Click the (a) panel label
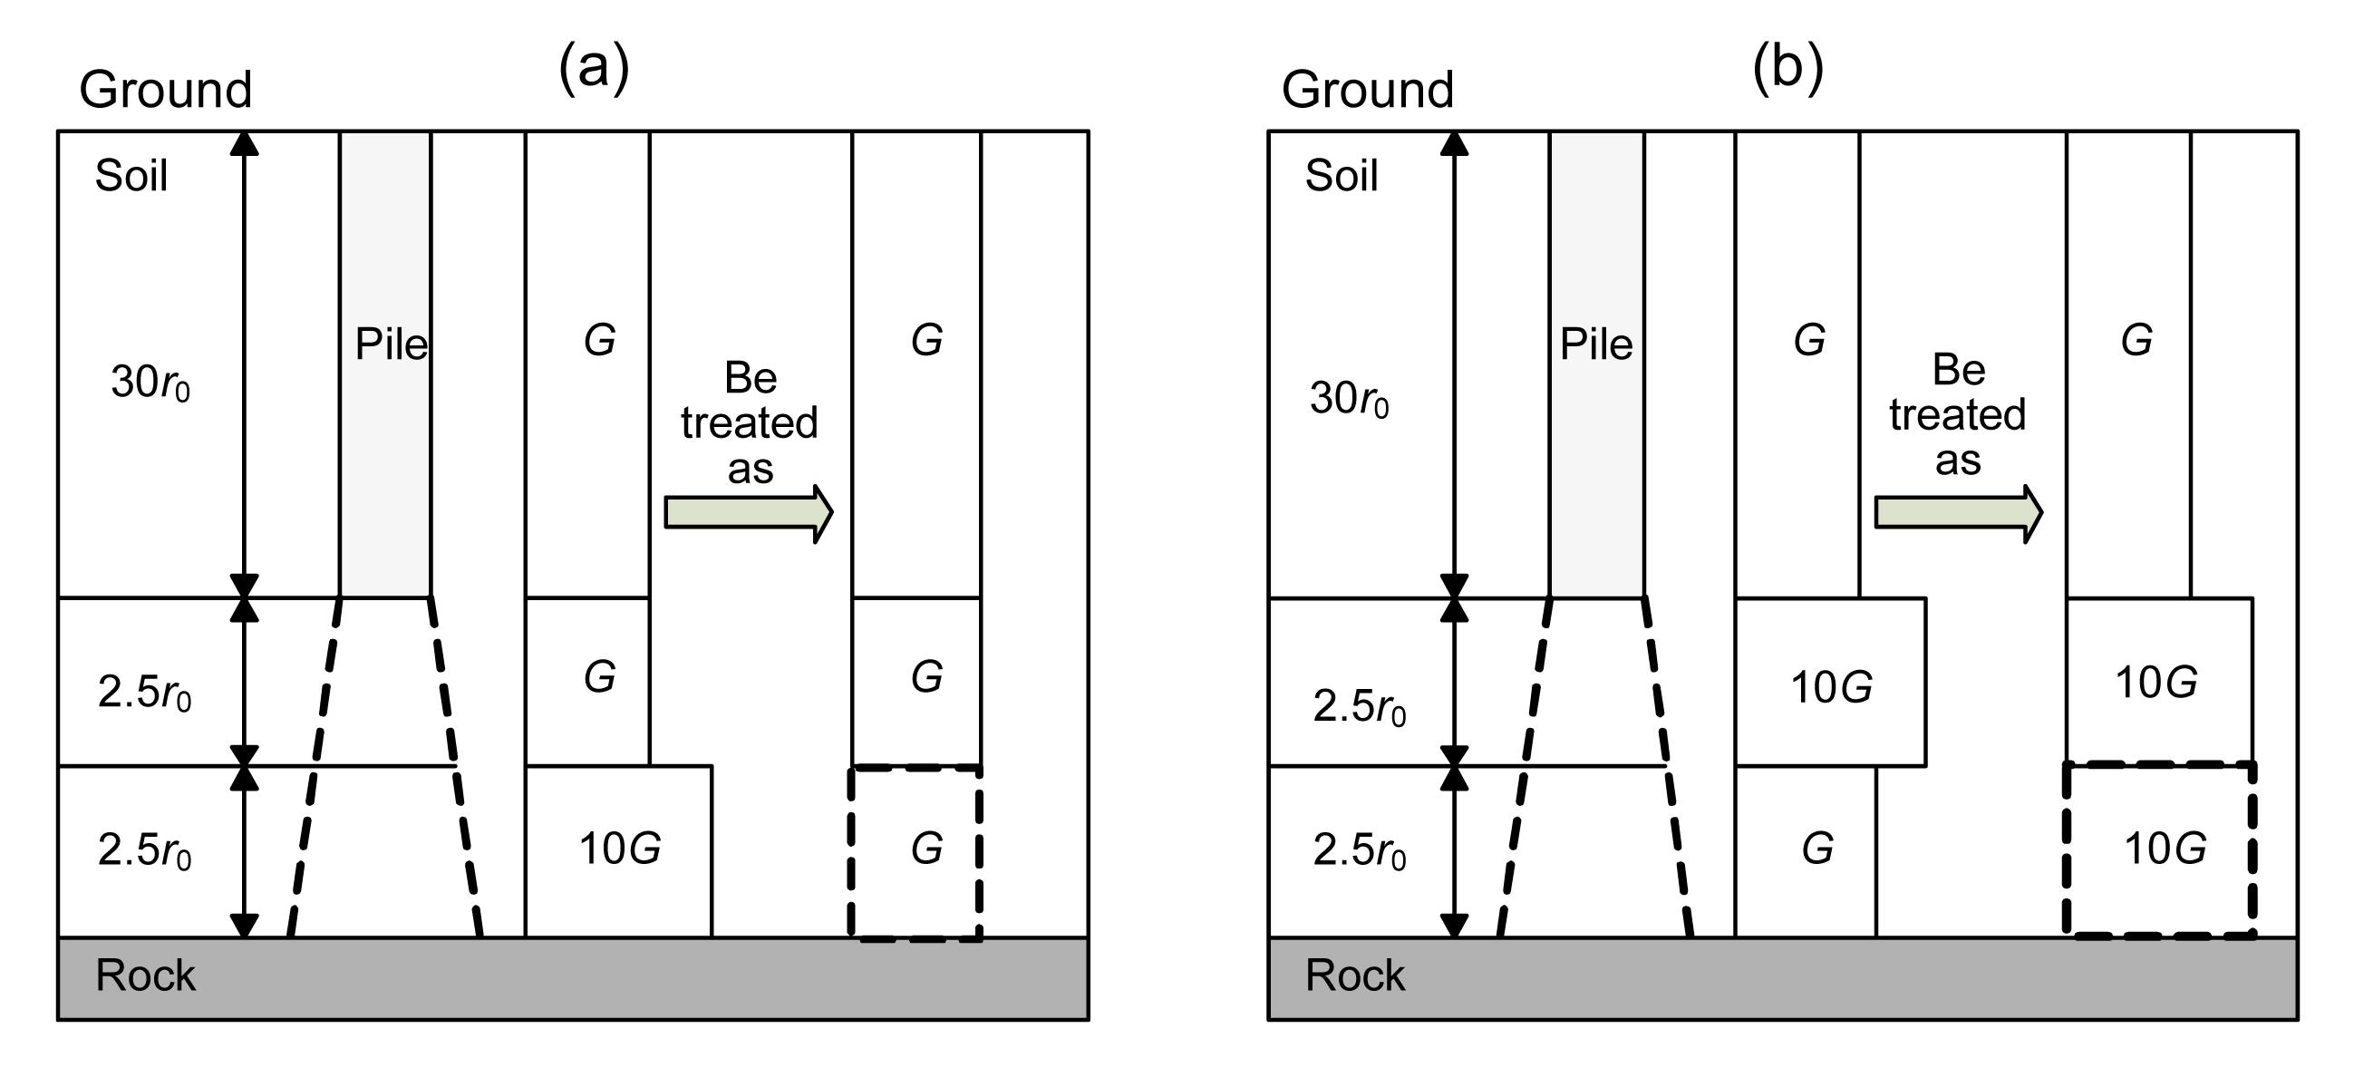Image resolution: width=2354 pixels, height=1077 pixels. [594, 68]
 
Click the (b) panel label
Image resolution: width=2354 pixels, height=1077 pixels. [1787, 68]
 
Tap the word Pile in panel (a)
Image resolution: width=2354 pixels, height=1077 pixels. [391, 344]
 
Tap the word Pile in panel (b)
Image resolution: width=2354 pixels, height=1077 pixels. [1595, 344]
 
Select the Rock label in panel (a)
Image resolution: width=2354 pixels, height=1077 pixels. [145, 975]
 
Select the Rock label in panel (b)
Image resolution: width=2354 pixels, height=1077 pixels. [1354, 975]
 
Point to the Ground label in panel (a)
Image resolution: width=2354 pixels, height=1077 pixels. [165, 90]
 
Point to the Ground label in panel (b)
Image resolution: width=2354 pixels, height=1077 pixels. [1367, 90]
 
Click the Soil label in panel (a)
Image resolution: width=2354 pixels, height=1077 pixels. [131, 175]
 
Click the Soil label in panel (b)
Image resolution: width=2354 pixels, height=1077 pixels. [1341, 175]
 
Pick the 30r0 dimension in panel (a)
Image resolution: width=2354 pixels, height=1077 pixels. [150, 383]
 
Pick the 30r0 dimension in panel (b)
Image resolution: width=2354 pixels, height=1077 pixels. [1349, 399]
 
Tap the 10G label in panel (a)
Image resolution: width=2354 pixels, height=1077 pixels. [620, 849]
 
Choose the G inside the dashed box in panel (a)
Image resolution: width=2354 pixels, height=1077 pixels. [926, 849]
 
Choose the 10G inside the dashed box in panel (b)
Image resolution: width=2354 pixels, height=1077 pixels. [2165, 849]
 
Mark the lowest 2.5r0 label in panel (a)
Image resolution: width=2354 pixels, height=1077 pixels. [144, 851]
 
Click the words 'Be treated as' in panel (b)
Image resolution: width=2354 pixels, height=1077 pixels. [1957, 415]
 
